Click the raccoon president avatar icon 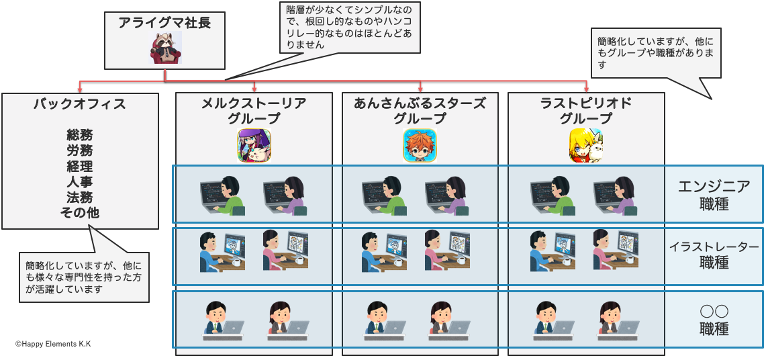point(165,48)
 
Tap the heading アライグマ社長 point(164,23)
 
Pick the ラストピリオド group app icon point(585,145)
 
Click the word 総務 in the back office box point(80,136)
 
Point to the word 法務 point(80,198)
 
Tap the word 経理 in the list point(80,167)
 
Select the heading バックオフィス point(80,104)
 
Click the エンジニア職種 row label point(714,195)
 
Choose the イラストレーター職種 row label point(714,255)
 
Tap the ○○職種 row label point(714,320)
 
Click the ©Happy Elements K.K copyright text point(53,344)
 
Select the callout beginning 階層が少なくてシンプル point(349,28)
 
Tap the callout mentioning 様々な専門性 point(85,277)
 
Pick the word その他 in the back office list point(80,214)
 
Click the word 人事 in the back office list point(80,183)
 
